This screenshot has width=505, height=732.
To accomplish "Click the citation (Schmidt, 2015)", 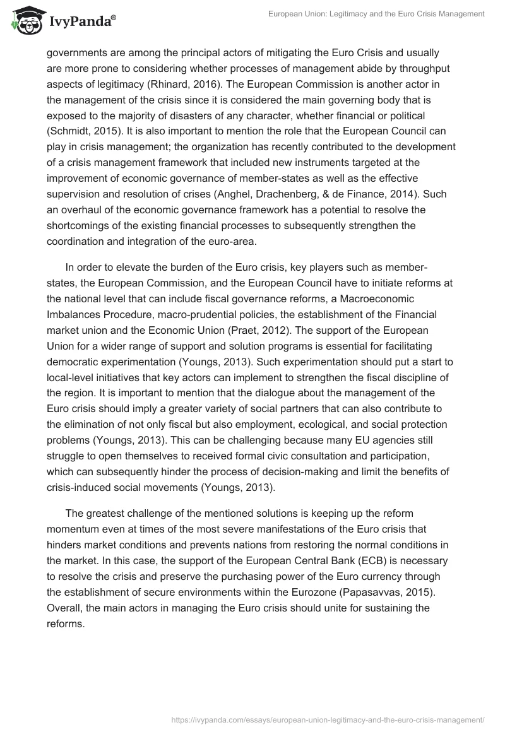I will point(83,131).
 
